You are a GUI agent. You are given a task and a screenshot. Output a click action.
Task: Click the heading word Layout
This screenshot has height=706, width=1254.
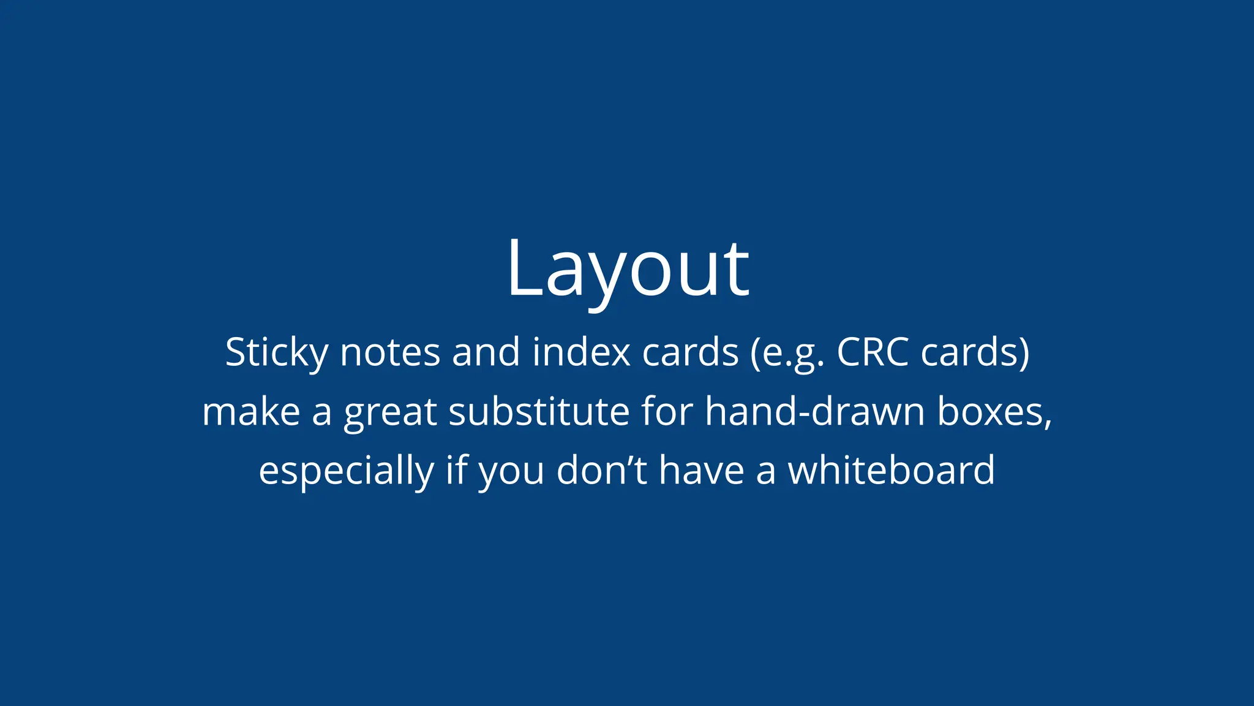[x=628, y=270]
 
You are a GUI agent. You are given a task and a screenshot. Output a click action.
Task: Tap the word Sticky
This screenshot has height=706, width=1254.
[x=277, y=353]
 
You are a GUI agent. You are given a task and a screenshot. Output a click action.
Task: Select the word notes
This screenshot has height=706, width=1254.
[x=390, y=353]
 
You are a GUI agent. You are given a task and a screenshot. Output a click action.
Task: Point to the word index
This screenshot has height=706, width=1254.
[x=581, y=353]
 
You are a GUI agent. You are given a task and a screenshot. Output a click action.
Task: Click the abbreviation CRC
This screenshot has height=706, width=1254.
[x=873, y=353]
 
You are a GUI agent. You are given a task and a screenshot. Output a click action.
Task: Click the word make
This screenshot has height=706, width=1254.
[x=251, y=412]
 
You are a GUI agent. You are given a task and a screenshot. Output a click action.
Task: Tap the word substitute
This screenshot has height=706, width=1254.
[x=539, y=412]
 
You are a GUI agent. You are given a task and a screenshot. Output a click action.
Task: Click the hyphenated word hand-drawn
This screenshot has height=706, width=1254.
[x=814, y=412]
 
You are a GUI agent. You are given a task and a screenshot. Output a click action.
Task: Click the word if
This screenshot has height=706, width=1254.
[x=456, y=470]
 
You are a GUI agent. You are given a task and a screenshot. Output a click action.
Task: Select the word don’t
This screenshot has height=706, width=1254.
[x=601, y=470]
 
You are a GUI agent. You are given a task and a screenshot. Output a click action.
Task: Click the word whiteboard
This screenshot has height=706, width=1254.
[x=891, y=470]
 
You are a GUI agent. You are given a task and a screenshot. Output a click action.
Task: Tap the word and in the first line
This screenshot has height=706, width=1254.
[x=486, y=353]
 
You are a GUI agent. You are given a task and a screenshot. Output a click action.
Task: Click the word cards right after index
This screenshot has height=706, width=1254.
[x=690, y=353]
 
